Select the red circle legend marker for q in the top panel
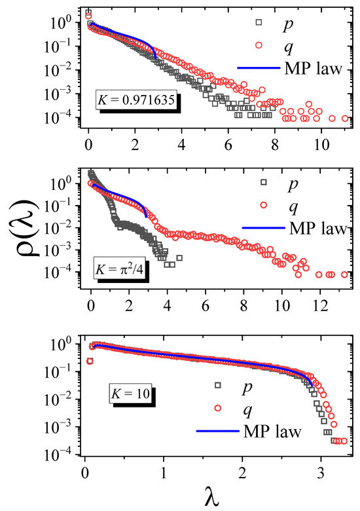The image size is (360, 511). [259, 45]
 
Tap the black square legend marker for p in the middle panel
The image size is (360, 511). [264, 181]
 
